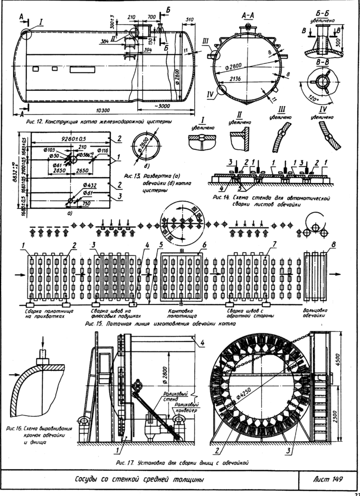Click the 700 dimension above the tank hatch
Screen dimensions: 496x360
tap(151, 17)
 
